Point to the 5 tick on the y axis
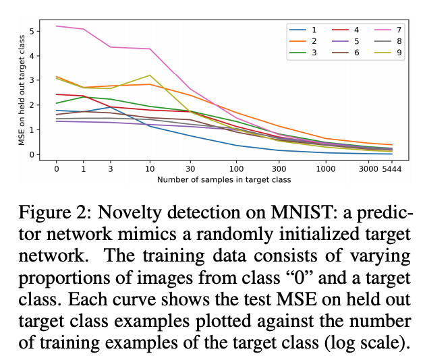[x=31, y=31]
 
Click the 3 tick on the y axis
[x=31, y=80]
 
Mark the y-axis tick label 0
[x=31, y=154]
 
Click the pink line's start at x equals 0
[x=57, y=26]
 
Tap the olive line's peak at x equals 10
[x=149, y=75]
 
